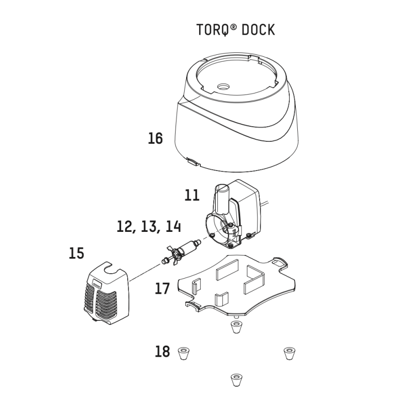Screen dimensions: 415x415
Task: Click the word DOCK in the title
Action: (x=258, y=30)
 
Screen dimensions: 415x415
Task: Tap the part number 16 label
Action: (x=155, y=138)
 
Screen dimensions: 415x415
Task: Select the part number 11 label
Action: (x=192, y=195)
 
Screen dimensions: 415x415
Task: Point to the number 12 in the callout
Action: (x=126, y=227)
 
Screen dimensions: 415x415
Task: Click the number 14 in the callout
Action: (x=173, y=227)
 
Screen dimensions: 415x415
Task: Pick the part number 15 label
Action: (x=76, y=253)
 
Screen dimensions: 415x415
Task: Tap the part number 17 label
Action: (x=162, y=289)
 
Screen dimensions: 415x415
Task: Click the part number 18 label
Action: (x=162, y=352)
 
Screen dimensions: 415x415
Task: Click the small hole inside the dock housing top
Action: (x=222, y=87)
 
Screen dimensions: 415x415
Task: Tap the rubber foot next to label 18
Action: (x=185, y=353)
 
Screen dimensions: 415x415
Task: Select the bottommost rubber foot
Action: (x=234, y=380)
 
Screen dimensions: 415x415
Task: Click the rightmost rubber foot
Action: (x=288, y=353)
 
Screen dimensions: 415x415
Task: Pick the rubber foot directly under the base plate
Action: (x=234, y=327)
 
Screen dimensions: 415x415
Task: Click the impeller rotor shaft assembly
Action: (x=184, y=251)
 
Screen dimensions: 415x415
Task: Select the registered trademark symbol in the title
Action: (x=234, y=25)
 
